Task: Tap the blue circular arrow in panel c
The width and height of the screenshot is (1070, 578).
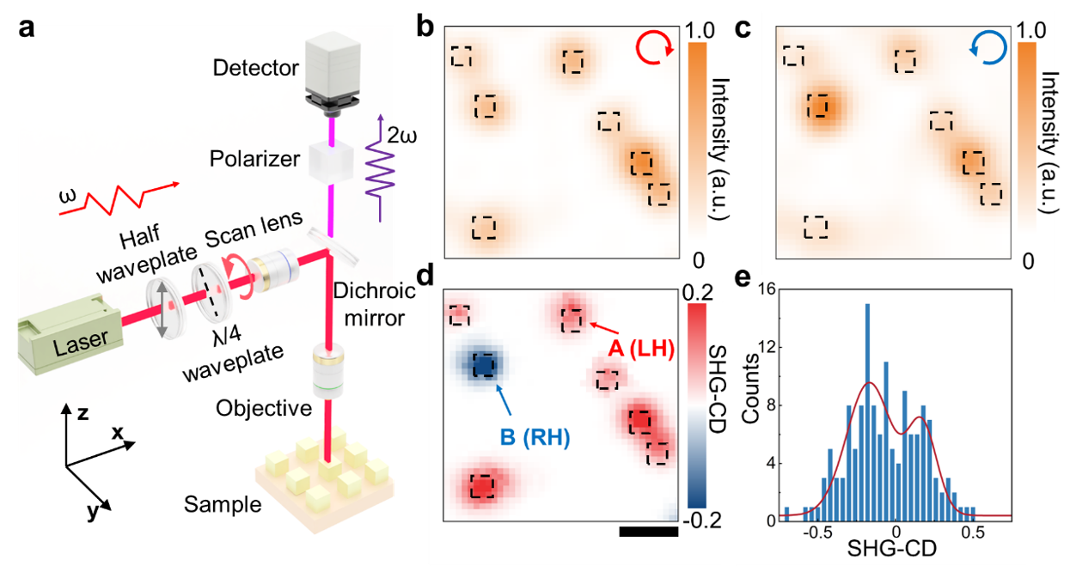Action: [985, 50]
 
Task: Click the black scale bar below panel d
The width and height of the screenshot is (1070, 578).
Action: [648, 532]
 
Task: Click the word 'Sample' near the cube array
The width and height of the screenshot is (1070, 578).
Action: [223, 504]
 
